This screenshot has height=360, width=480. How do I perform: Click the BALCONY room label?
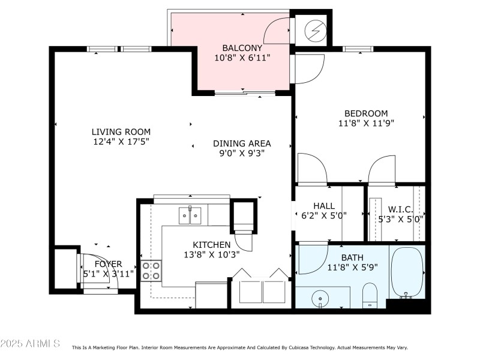[x=242, y=48]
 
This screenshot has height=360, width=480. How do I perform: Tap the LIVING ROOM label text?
[x=121, y=132]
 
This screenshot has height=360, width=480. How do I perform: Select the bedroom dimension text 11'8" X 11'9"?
[x=366, y=123]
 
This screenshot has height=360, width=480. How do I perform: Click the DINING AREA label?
[x=242, y=143]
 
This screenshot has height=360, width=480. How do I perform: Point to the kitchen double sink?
[x=190, y=215]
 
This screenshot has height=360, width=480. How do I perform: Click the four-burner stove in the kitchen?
[x=151, y=271]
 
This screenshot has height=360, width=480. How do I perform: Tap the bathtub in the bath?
[x=407, y=272]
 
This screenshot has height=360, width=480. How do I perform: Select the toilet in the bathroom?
[x=370, y=295]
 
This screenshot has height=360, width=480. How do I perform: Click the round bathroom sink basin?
[x=320, y=298]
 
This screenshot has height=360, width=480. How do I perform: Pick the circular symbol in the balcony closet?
[x=316, y=31]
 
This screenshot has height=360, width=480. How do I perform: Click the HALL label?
[x=324, y=206]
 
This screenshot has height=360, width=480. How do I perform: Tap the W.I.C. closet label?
[x=400, y=209]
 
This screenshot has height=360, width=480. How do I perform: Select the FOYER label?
[x=108, y=264]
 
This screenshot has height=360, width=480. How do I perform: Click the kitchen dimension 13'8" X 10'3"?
[x=212, y=254]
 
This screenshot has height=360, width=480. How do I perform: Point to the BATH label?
[x=352, y=257]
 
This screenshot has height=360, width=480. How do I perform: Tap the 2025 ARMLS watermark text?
[x=30, y=343]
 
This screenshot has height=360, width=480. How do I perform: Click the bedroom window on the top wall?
[x=358, y=49]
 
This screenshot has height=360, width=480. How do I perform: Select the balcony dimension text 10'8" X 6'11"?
[x=242, y=58]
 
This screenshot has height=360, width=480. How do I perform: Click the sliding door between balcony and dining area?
[x=245, y=92]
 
